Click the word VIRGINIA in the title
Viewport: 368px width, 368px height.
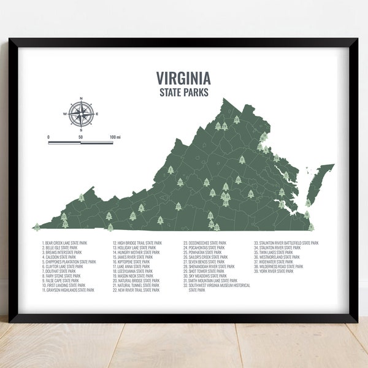[183, 79]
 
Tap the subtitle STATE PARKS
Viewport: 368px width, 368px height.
[183, 92]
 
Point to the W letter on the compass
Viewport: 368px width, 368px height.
[66, 114]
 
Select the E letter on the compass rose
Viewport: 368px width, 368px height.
[96, 114]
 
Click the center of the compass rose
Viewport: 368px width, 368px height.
[81, 113]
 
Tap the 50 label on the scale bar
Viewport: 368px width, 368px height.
[80, 137]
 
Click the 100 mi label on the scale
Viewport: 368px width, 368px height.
[115, 137]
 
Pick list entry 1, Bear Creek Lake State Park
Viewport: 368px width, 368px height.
[64, 243]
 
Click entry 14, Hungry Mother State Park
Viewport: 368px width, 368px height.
[136, 252]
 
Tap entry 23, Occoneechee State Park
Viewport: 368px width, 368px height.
[205, 243]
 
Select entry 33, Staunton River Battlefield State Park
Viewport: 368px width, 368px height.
[286, 243]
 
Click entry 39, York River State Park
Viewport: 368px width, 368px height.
[273, 271]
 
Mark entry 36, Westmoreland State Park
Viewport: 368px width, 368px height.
[275, 257]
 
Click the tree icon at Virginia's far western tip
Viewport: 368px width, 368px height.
[37, 226]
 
